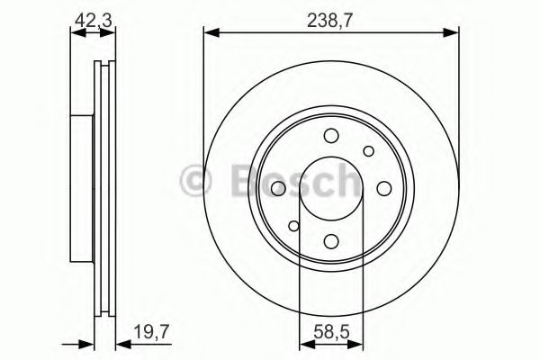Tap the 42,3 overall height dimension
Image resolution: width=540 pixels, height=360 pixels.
pyautogui.click(x=86, y=15)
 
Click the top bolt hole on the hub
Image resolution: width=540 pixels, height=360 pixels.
pyautogui.click(x=329, y=136)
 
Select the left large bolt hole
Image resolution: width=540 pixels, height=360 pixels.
pyautogui.click(x=278, y=187)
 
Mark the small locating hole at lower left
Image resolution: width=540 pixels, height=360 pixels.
pyautogui.click(x=293, y=225)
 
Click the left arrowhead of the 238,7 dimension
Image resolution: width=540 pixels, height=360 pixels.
pyautogui.click(x=210, y=34)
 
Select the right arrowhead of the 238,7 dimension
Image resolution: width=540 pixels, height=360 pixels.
pyautogui.click(x=451, y=34)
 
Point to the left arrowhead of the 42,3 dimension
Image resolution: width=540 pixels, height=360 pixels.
pyautogui.click(x=76, y=34)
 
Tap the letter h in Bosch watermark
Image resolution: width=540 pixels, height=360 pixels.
pyautogui.click(x=343, y=179)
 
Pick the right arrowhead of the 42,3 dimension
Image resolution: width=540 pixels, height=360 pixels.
pyautogui.click(x=112, y=34)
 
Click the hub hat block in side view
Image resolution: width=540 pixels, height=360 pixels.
pyautogui.click(x=83, y=187)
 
